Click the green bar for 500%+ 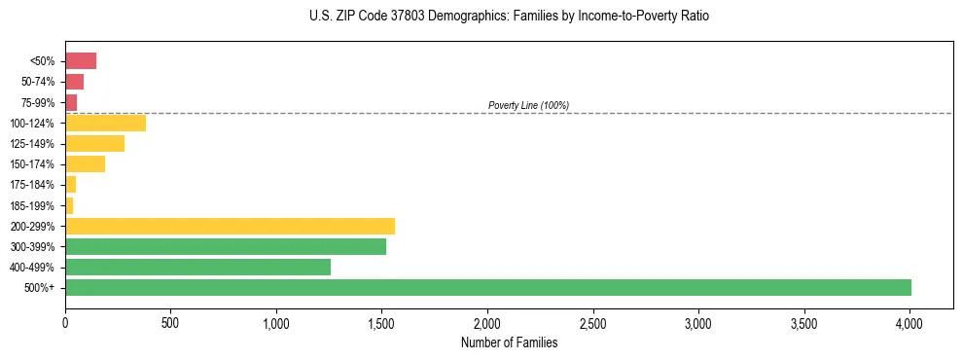[x=488, y=287]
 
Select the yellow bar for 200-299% [x=230, y=226]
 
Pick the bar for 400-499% [x=197, y=267]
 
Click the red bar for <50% [x=81, y=61]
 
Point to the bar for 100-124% [x=105, y=123]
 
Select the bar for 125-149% [x=94, y=143]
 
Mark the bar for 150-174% [x=85, y=163]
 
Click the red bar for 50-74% [x=74, y=82]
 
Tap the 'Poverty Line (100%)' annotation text [x=528, y=105]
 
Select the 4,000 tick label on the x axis [x=909, y=322]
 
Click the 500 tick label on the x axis [x=170, y=322]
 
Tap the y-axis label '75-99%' [x=39, y=102]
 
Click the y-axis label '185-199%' [x=33, y=205]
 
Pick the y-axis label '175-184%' [x=33, y=185]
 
